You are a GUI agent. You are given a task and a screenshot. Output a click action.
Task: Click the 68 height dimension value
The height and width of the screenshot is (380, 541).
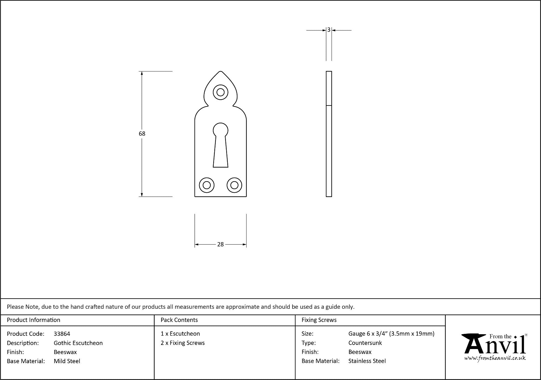click(142, 134)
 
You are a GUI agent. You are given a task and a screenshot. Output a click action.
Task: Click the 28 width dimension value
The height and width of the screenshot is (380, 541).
click(220, 244)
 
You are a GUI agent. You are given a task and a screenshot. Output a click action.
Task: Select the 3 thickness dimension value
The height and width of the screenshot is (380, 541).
click(329, 30)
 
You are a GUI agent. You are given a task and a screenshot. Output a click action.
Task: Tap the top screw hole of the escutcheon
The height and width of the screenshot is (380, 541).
click(220, 92)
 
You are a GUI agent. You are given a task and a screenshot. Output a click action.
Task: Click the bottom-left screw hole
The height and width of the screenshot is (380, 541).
click(207, 185)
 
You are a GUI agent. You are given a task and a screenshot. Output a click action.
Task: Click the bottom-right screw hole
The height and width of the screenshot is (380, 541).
click(234, 185)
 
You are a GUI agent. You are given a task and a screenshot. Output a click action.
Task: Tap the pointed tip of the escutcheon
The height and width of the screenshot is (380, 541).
click(220, 71)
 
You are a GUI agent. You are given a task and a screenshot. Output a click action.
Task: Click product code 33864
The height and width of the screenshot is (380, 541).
click(62, 334)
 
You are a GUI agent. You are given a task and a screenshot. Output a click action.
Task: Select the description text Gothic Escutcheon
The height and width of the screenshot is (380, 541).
click(78, 343)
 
